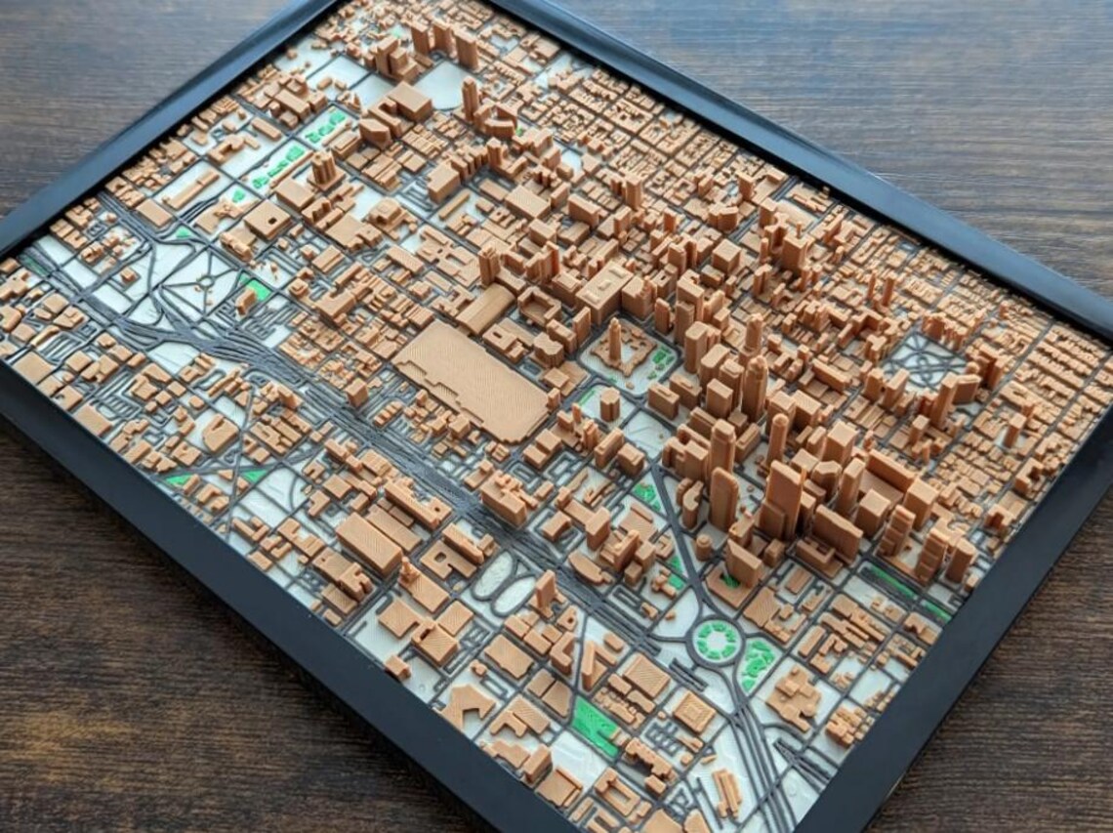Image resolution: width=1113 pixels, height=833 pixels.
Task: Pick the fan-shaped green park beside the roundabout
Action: tap(756, 664)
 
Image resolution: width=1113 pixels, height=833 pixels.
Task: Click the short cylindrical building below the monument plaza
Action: tap(609, 403)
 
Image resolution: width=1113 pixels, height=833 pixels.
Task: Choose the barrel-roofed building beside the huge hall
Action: tap(485, 309)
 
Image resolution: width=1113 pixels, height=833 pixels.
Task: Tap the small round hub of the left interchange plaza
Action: tap(205, 283)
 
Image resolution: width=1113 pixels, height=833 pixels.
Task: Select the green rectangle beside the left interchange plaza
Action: tap(257, 289)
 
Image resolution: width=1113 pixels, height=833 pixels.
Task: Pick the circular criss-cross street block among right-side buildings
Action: tap(924, 361)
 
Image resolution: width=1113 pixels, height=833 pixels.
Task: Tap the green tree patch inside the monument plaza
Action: tap(662, 359)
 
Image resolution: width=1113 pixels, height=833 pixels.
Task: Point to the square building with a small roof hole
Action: tap(265, 220)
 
